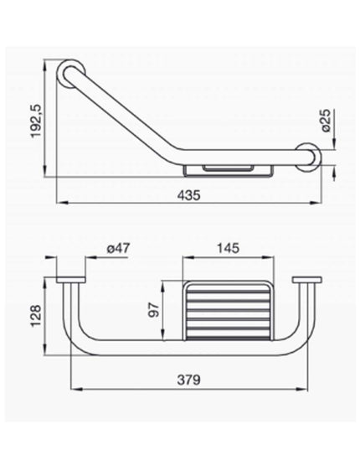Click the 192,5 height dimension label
click(36, 122)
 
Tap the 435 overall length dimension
click(188, 195)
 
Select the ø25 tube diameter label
click(326, 121)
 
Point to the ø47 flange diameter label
click(118, 248)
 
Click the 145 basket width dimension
click(229, 248)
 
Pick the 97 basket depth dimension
click(154, 310)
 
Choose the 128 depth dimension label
click(36, 316)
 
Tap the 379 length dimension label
click(188, 380)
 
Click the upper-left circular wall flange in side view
click(71, 74)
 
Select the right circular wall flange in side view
click(309, 157)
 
